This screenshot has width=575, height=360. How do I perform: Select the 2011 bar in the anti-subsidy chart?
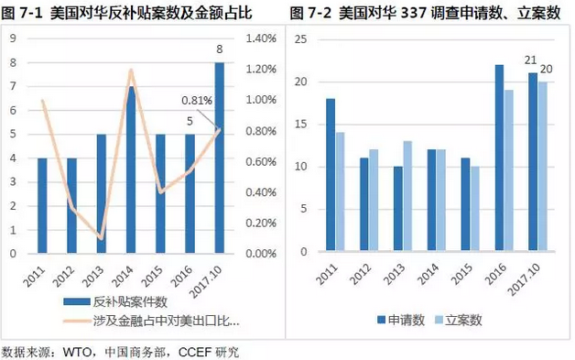(41, 205)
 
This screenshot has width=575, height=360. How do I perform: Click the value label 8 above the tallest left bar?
(220, 49)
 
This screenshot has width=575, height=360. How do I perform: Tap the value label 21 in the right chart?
(529, 60)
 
